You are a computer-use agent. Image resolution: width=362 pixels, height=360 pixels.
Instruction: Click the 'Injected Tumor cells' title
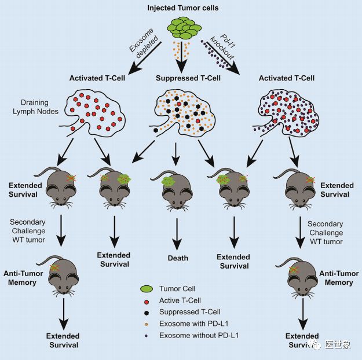(181, 8)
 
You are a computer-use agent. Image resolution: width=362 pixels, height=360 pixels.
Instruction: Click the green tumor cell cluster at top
(181, 27)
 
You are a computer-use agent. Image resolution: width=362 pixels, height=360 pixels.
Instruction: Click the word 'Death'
(178, 258)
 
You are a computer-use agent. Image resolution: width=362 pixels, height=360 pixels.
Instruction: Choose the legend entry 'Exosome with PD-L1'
(193, 324)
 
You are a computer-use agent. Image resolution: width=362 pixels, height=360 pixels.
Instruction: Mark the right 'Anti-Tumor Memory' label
(339, 278)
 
